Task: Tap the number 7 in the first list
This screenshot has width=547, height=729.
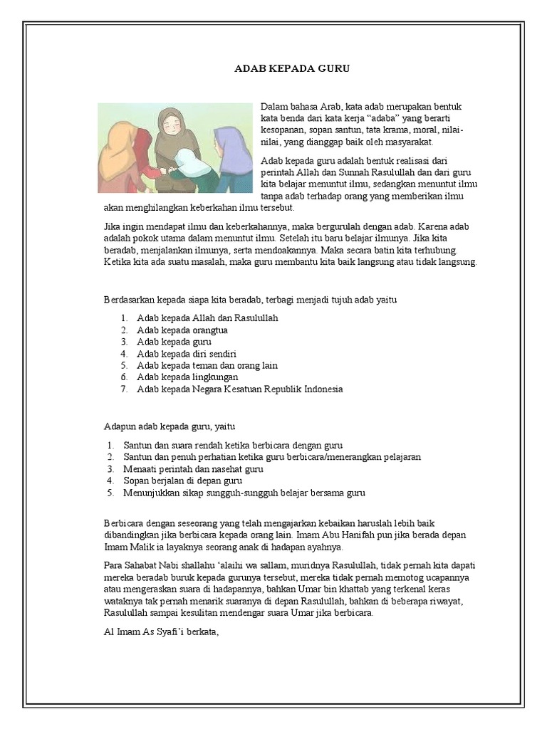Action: pyautogui.click(x=123, y=389)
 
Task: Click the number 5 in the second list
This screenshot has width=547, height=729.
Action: pyautogui.click(x=110, y=493)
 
